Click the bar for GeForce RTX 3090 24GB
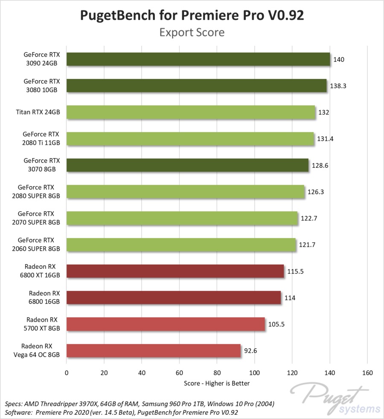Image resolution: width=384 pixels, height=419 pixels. point(198,59)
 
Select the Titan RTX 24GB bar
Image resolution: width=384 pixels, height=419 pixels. point(191,112)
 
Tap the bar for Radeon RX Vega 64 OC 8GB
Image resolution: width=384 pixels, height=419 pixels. point(154,351)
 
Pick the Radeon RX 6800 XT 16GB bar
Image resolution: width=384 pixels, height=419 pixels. point(175,271)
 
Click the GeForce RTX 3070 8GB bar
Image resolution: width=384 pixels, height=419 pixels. point(188,165)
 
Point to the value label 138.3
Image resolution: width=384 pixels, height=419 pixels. point(338,86)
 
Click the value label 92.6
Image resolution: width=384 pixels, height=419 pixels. point(250,351)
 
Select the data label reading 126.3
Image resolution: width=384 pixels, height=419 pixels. point(316,192)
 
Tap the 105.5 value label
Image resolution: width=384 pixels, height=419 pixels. point(276,324)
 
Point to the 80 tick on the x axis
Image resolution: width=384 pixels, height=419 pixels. point(217,373)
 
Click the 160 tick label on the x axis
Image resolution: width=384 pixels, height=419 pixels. point(367,373)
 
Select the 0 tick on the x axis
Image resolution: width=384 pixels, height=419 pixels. point(67,373)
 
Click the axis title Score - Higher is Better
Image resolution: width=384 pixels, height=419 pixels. point(217,383)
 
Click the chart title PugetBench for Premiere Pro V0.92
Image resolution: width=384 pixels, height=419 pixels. point(192,15)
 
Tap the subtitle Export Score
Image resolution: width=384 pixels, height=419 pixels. point(192,32)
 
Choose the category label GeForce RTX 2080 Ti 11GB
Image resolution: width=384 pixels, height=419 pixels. point(42,139)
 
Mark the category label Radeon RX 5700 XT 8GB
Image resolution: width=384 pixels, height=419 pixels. point(42,324)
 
